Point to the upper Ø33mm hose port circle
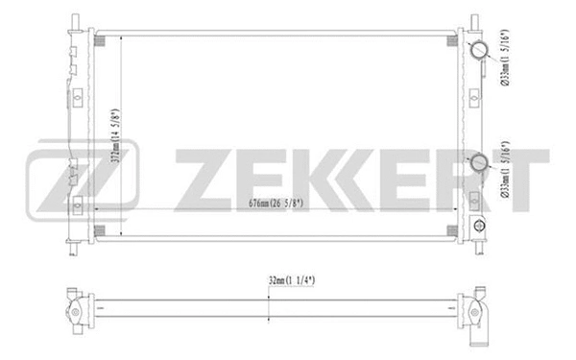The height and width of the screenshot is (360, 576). coord(477,51)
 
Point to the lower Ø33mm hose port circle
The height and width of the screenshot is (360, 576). coord(477,162)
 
